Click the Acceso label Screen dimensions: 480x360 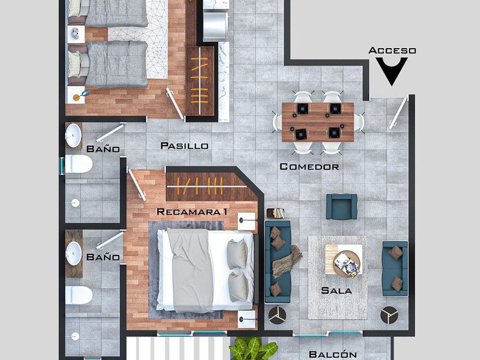[392, 50]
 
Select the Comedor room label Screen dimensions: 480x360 [309, 167]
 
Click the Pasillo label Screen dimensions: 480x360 [184, 146]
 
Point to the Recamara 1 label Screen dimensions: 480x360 [191, 211]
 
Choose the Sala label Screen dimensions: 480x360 [337, 290]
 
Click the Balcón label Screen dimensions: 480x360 [333, 354]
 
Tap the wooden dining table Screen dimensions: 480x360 [318, 122]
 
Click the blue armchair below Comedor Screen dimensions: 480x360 [341, 206]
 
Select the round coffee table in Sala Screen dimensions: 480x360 [347, 264]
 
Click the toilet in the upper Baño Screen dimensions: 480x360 [78, 164]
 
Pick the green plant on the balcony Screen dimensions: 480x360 [253, 349]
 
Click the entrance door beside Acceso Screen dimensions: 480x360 [398, 113]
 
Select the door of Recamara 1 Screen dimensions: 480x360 [137, 185]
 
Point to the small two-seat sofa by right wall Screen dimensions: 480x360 [395, 269]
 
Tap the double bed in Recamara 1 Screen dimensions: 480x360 [205, 271]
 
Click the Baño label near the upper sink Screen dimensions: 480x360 [103, 149]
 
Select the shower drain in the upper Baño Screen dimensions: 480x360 [75, 203]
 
